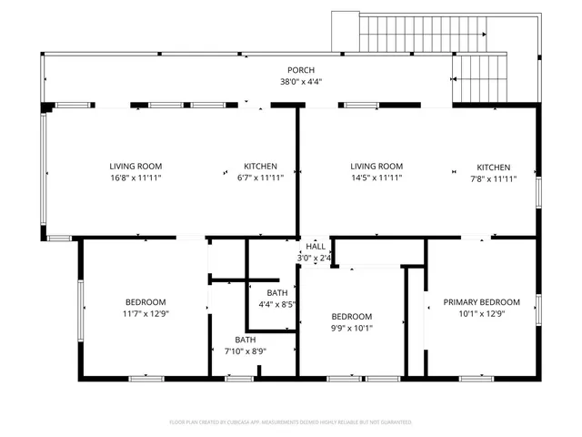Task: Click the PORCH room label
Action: point(301,70)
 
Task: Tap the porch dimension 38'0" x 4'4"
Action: point(301,82)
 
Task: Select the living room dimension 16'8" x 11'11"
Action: point(135,178)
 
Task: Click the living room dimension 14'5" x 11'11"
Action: point(376,178)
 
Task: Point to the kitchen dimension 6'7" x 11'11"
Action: point(260,178)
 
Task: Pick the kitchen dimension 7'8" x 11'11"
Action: point(494,179)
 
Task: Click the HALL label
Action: point(316,247)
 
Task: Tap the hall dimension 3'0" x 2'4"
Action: point(315,259)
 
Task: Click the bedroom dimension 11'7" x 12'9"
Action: point(145,314)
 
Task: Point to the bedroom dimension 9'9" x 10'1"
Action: point(351,329)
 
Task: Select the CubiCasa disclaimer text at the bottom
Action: point(291,422)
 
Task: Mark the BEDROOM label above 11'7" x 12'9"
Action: point(145,302)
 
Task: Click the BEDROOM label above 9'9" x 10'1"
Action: point(351,317)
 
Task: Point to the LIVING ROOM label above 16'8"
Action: point(135,167)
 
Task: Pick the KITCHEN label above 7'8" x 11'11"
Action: point(494,168)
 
